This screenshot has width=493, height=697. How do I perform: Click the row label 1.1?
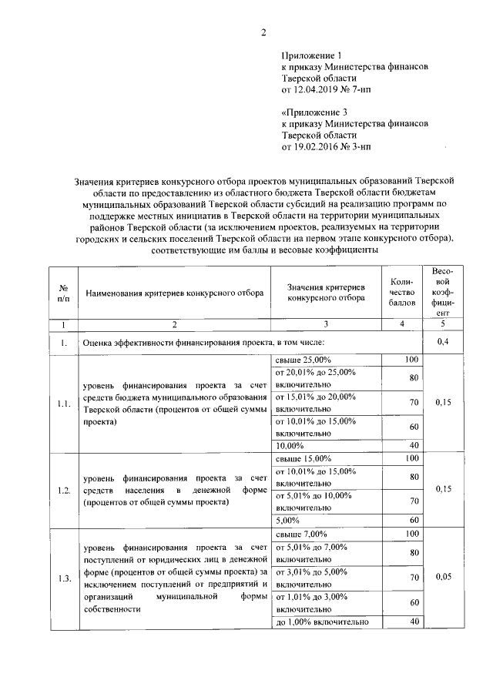coord(63,402)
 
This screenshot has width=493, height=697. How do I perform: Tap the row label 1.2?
coord(63,490)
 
